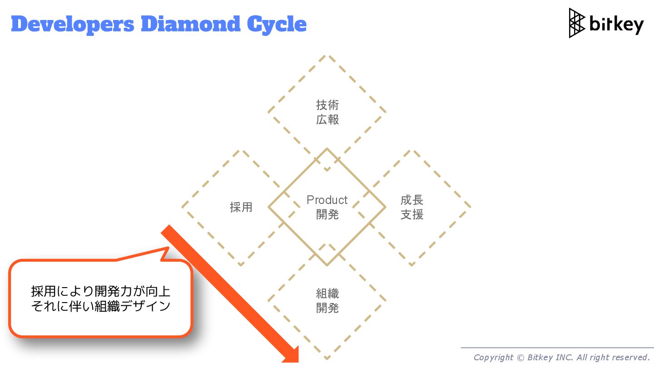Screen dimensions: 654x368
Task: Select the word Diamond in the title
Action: pos(191,24)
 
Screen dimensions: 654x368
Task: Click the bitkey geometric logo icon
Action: pos(577,23)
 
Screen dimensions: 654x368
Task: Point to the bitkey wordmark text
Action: pos(616,24)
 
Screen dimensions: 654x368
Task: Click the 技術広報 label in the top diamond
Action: pos(327,112)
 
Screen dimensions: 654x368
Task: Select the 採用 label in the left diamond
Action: pos(241,207)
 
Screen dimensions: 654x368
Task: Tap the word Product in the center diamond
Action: pos(327,200)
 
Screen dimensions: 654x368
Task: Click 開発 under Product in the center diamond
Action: pos(327,214)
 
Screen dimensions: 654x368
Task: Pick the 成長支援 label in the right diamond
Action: pos(412,207)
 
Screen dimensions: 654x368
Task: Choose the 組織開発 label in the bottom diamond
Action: pos(327,301)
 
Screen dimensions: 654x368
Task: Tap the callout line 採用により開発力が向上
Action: pos(100,291)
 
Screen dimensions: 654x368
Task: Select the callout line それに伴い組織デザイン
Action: pos(100,306)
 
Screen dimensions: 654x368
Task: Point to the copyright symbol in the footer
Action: pos(520,358)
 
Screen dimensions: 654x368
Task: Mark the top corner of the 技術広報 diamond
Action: pos(327,56)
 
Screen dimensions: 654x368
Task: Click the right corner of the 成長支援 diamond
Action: pos(470,207)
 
